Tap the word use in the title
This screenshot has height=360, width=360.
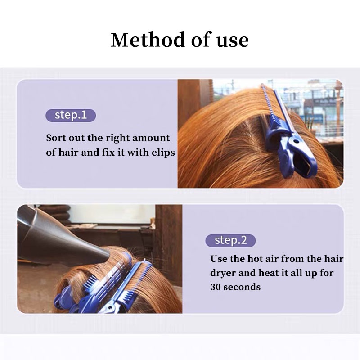pos(232,40)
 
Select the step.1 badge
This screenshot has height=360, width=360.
pos(71,115)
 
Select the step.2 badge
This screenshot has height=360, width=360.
pos(230,240)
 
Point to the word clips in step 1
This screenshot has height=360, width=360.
pos(163,153)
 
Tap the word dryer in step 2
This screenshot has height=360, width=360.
pos(224,273)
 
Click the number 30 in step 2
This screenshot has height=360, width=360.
pos(216,287)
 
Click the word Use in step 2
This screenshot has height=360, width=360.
pos(219,259)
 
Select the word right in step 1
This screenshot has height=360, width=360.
pos(116,138)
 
